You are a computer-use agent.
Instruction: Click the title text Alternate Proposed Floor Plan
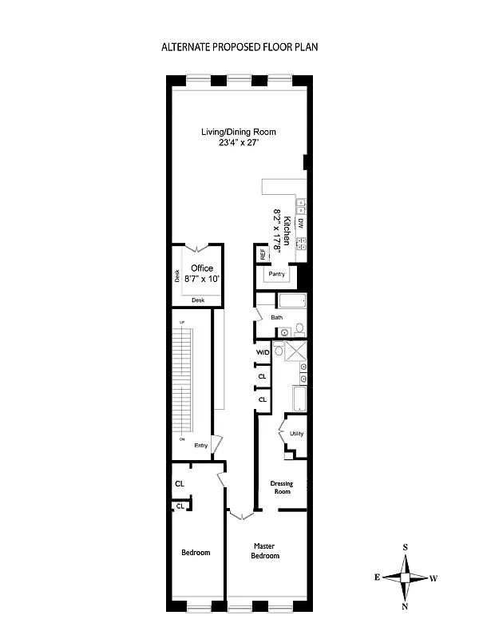click(239, 47)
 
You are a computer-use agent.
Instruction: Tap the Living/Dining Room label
click(239, 132)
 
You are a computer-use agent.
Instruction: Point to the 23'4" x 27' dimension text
click(239, 143)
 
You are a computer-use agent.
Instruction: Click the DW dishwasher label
click(301, 223)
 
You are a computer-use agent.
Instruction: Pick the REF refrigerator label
click(261, 256)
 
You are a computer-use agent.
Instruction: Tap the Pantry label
click(276, 274)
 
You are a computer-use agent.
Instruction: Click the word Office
click(201, 268)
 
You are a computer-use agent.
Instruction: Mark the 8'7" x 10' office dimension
click(202, 280)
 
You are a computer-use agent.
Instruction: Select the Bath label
click(276, 317)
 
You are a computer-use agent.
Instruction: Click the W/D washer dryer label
click(262, 352)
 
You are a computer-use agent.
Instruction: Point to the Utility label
click(296, 434)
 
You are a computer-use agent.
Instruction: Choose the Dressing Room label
click(280, 487)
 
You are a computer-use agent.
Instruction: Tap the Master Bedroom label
click(264, 550)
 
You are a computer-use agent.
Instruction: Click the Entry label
click(200, 446)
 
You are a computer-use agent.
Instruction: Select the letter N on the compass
click(406, 606)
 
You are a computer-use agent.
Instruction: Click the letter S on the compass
click(406, 547)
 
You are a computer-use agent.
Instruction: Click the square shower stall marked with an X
click(295, 351)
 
